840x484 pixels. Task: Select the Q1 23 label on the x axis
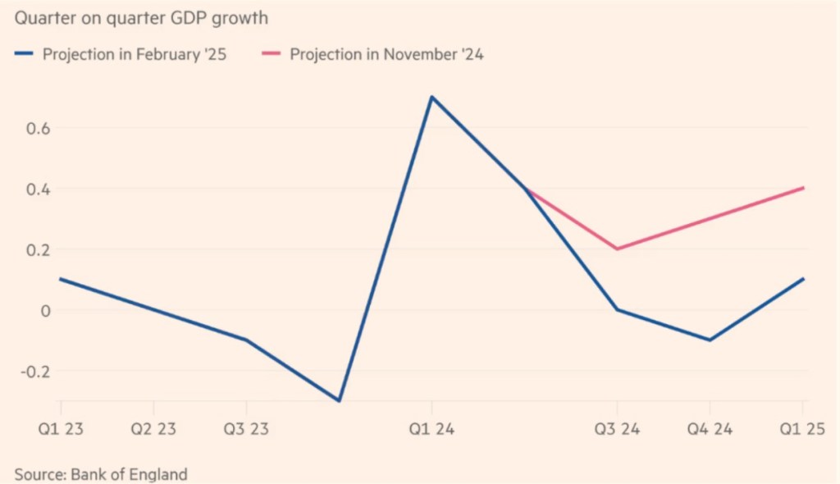pos(61,428)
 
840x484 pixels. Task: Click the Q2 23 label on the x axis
pos(153,428)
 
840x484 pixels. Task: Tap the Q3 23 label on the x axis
pos(246,428)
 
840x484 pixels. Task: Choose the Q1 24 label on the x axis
pos(431,428)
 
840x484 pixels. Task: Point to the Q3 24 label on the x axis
pos(617,428)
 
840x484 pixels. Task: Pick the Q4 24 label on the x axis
pos(710,428)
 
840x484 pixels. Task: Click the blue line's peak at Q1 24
pos(431,97)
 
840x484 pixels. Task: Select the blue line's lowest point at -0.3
pos(339,400)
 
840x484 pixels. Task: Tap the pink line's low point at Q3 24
pos(617,249)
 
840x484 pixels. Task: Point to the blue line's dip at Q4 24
pos(710,340)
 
